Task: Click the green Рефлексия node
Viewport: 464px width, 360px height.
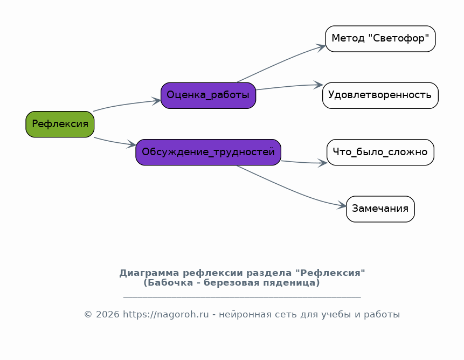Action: pos(60,124)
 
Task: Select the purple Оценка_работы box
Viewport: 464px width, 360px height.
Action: pos(209,95)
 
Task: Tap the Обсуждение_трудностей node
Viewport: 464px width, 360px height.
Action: pos(209,153)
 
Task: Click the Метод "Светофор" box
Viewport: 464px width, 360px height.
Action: pos(380,39)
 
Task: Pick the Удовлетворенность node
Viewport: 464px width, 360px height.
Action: pos(380,95)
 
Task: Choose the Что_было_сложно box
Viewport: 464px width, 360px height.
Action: pos(380,153)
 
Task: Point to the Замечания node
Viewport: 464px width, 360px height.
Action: pos(380,209)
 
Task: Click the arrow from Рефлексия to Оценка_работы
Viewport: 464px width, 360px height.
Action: pos(127,104)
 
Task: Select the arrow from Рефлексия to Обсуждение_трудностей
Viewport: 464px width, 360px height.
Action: pos(115,142)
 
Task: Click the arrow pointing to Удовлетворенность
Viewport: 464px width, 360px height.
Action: pos(289,86)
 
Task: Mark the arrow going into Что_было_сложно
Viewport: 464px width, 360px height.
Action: pos(304,162)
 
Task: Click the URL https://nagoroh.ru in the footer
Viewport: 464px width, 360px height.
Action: pos(166,314)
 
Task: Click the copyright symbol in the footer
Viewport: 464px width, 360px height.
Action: pos(88,314)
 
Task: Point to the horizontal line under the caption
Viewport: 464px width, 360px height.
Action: pos(242,297)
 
